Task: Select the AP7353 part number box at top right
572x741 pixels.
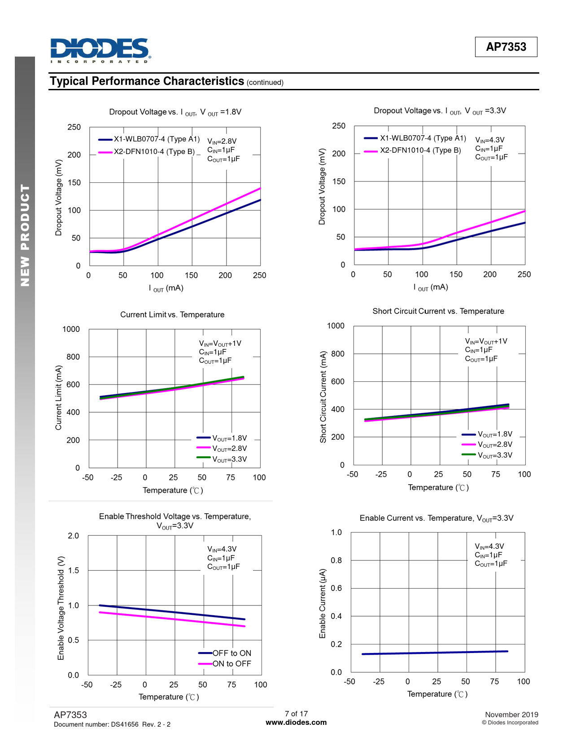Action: (x=506, y=47)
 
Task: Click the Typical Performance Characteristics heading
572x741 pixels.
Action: (x=147, y=81)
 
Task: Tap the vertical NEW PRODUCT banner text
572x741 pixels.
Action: (x=25, y=235)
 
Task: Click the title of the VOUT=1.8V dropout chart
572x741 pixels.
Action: (x=175, y=112)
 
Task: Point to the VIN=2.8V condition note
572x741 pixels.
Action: (x=222, y=141)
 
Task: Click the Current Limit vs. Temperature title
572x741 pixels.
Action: (x=172, y=315)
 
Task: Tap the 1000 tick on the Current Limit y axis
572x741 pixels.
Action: (x=71, y=329)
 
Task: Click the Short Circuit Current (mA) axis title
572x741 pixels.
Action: (x=323, y=397)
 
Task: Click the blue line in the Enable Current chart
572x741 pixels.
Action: (x=435, y=653)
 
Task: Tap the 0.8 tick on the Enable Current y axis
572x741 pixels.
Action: (x=336, y=560)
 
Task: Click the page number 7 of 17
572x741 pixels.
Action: (x=296, y=714)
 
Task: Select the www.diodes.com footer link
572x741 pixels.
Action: (x=296, y=723)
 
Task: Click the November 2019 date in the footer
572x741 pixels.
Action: (x=511, y=715)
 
